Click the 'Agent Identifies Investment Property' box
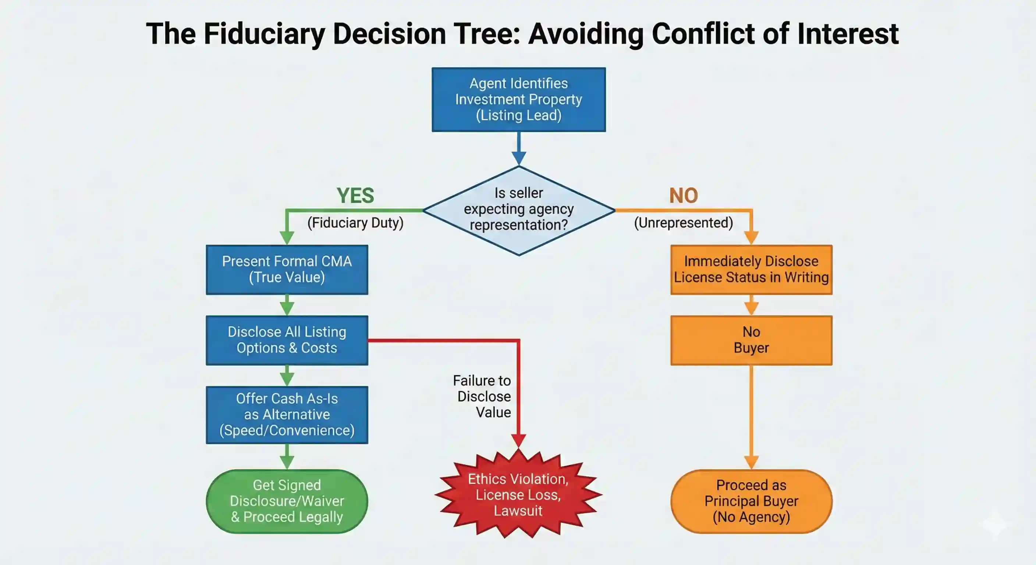point(518,99)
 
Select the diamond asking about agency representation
point(518,210)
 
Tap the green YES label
point(355,196)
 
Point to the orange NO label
point(683,196)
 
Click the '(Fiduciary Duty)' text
point(355,223)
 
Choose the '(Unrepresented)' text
point(683,223)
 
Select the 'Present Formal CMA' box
point(287,269)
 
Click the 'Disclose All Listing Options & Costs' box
point(287,340)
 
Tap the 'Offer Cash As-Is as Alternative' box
point(287,415)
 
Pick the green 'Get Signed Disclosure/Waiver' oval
point(287,501)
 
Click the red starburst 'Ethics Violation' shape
point(518,495)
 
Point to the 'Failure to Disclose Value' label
point(483,397)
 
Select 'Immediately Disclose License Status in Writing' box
point(751,269)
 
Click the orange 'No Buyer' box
point(751,340)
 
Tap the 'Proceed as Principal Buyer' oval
point(751,501)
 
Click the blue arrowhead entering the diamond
point(519,158)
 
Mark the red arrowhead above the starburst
point(518,440)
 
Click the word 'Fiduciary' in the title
point(264,34)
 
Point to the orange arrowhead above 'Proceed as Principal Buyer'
point(751,462)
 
